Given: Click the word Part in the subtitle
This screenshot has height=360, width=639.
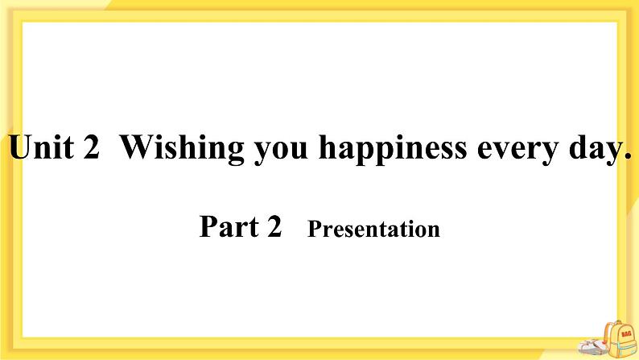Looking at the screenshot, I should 227,228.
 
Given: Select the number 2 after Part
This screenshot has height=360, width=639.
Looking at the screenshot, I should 274,228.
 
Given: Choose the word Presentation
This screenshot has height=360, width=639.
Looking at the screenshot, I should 374,230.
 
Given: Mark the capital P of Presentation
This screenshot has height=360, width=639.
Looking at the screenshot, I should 314,230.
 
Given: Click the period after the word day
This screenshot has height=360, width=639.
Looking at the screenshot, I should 626,159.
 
